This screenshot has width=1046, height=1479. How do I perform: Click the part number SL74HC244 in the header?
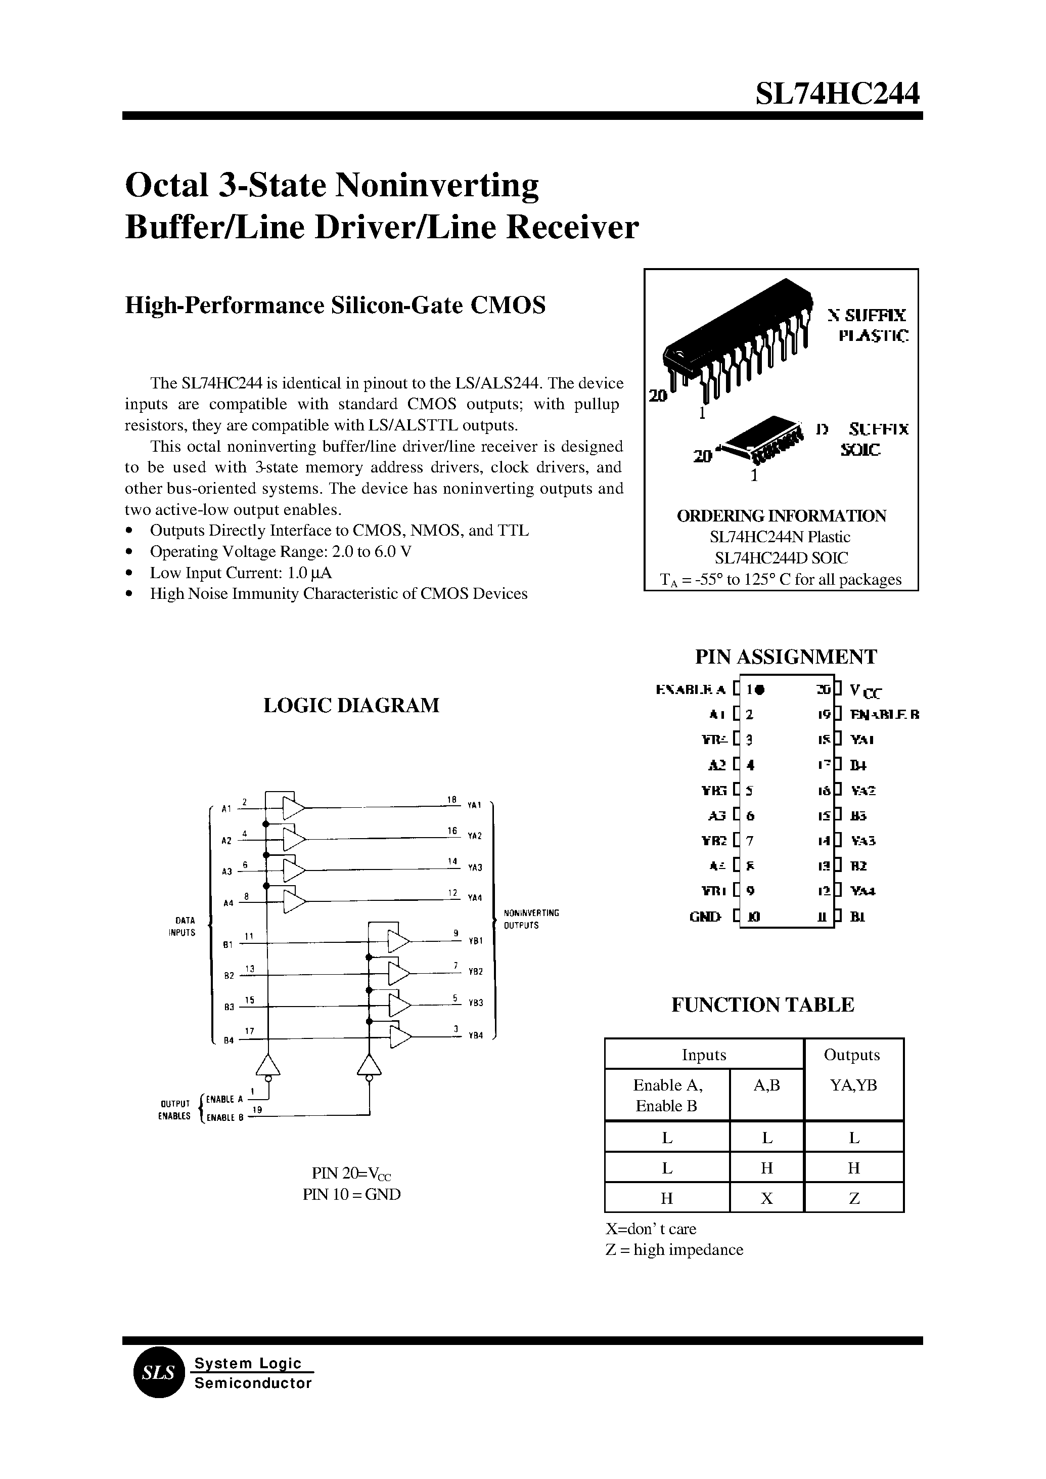point(837,94)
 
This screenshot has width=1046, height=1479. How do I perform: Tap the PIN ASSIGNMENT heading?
point(785,657)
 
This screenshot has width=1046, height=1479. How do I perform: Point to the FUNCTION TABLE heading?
point(762,1005)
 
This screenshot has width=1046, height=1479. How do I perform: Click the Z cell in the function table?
point(854,1198)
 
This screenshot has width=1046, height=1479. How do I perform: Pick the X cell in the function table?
point(766,1198)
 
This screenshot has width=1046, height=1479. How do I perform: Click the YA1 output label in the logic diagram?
point(475,805)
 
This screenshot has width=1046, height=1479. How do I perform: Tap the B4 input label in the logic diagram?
point(228,1040)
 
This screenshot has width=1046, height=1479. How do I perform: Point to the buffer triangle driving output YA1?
point(294,807)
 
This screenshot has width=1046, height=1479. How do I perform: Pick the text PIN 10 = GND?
point(352,1194)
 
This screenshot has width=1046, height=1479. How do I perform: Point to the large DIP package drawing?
point(734,341)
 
